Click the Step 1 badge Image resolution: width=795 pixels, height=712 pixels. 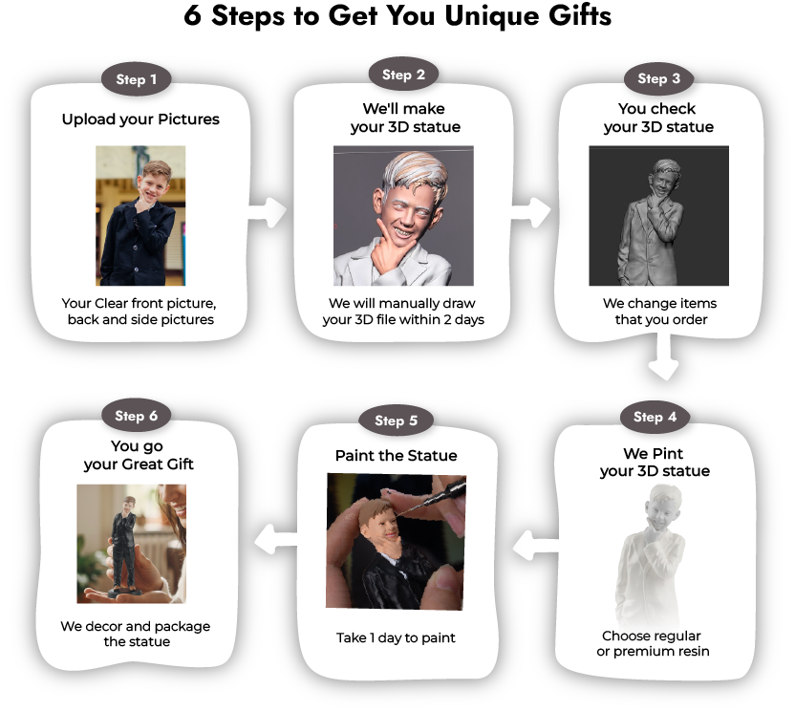(x=137, y=80)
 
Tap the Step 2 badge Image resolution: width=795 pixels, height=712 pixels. (x=397, y=76)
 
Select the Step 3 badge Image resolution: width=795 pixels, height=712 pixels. (x=652, y=78)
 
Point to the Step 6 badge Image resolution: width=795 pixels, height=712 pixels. (x=137, y=416)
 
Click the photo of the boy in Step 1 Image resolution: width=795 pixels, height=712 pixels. (x=140, y=215)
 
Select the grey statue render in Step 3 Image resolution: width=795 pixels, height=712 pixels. (x=658, y=215)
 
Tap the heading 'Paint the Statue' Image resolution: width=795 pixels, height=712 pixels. (x=396, y=456)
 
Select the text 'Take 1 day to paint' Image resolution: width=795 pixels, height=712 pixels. (x=396, y=637)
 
